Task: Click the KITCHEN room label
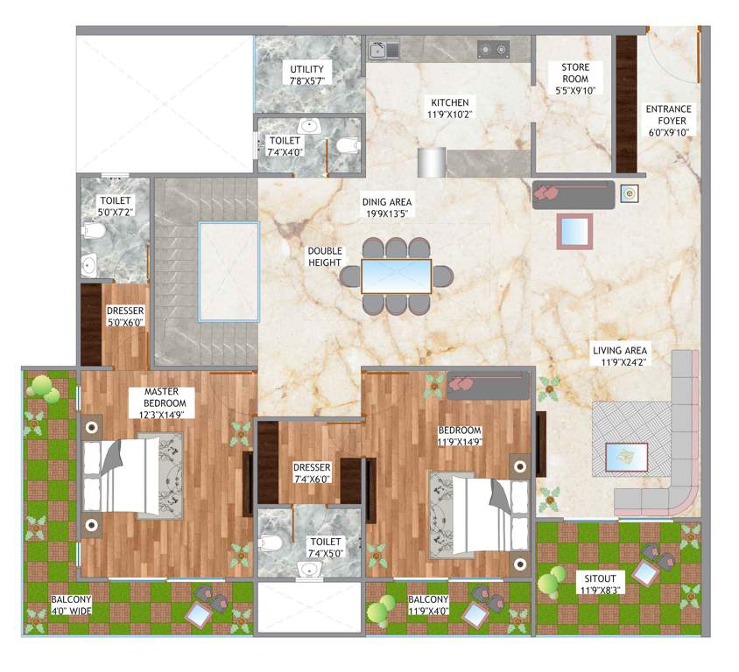click(x=448, y=102)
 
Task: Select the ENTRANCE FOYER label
click(x=668, y=109)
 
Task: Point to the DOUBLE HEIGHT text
click(x=324, y=257)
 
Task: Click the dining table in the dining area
click(x=397, y=276)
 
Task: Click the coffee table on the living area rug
click(x=627, y=456)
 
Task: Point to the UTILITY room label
click(x=306, y=70)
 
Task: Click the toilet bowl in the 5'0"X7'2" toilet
click(x=93, y=230)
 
